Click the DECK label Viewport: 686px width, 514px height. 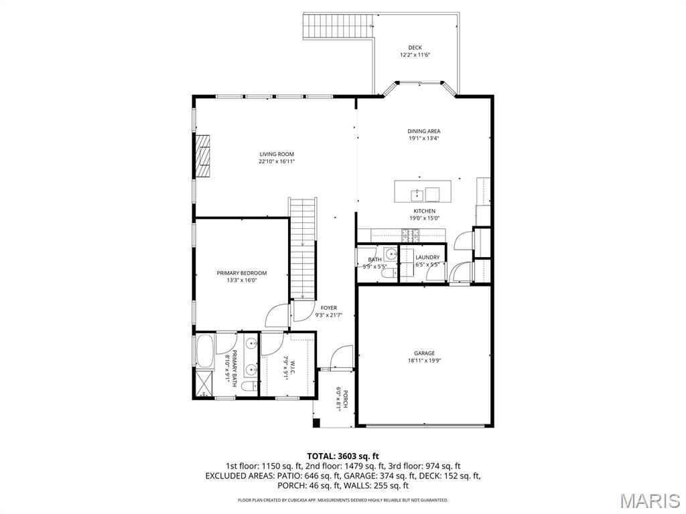pyautogui.click(x=415, y=48)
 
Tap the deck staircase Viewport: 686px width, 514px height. pyautogui.click(x=338, y=27)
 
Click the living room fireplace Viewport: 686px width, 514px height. pyautogui.click(x=203, y=157)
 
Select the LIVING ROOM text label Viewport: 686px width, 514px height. pyautogui.click(x=277, y=154)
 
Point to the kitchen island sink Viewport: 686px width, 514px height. pyautogui.click(x=417, y=194)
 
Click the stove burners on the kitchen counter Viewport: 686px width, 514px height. pyautogui.click(x=411, y=234)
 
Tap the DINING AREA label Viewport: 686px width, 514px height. pyautogui.click(x=424, y=131)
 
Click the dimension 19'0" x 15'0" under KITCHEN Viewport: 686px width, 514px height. pyautogui.click(x=424, y=218)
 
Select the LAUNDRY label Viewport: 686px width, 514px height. pyautogui.click(x=427, y=257)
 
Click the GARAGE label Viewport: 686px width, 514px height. pyautogui.click(x=424, y=353)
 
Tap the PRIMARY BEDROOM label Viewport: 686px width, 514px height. pyautogui.click(x=242, y=273)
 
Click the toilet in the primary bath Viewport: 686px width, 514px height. pyautogui.click(x=247, y=388)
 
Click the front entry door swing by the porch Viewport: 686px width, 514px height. pyautogui.click(x=342, y=356)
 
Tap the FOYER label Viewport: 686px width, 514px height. pyautogui.click(x=329, y=308)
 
